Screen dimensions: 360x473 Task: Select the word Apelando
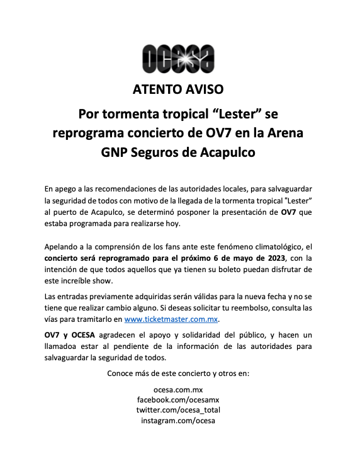click(63, 246)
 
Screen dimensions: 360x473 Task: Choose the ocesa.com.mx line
click(179, 389)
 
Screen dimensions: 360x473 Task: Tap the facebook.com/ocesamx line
click(179, 399)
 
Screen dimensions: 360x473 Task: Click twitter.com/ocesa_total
click(179, 409)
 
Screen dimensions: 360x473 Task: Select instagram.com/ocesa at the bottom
click(179, 420)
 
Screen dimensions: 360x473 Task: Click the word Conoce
click(122, 373)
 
